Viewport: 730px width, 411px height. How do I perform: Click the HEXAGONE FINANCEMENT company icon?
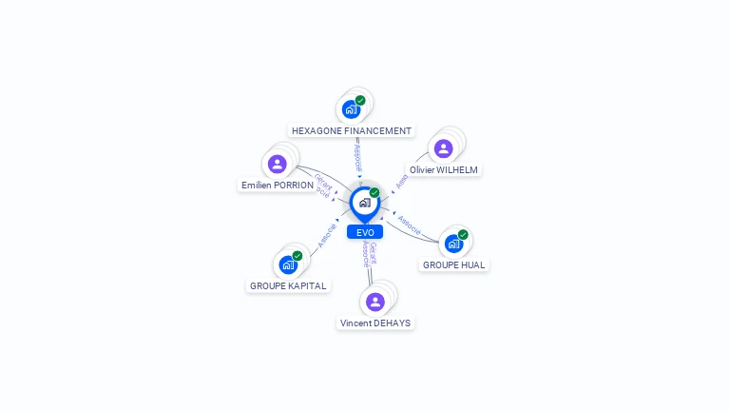point(352,109)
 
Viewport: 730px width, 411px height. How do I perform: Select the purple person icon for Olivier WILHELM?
point(443,148)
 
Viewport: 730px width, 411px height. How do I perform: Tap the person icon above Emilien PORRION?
point(277,164)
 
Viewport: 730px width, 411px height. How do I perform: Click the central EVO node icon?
point(363,203)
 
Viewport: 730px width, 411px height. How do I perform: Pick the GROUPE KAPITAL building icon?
point(288,264)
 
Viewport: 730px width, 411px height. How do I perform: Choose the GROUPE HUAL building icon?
point(453,244)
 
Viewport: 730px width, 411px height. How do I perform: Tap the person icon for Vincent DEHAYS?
point(375,302)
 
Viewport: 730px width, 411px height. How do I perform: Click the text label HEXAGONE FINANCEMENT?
point(352,130)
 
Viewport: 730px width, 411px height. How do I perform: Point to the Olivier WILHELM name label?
point(443,169)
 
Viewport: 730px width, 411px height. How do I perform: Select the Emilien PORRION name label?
point(278,186)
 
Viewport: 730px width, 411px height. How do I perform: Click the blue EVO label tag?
point(365,232)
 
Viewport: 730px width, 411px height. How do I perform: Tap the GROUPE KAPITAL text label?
point(288,285)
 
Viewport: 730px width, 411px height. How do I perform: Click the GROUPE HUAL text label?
point(454,264)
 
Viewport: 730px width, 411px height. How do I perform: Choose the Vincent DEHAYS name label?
point(375,323)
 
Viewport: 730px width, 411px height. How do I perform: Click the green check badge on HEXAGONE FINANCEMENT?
point(360,101)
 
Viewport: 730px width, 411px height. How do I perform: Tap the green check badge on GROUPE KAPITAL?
point(298,256)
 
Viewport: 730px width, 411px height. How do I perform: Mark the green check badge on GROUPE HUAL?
point(463,235)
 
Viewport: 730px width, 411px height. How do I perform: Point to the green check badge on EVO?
point(375,193)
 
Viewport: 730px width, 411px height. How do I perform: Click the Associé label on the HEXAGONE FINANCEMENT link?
point(357,157)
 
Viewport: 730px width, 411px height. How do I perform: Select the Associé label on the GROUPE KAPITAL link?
point(326,234)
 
